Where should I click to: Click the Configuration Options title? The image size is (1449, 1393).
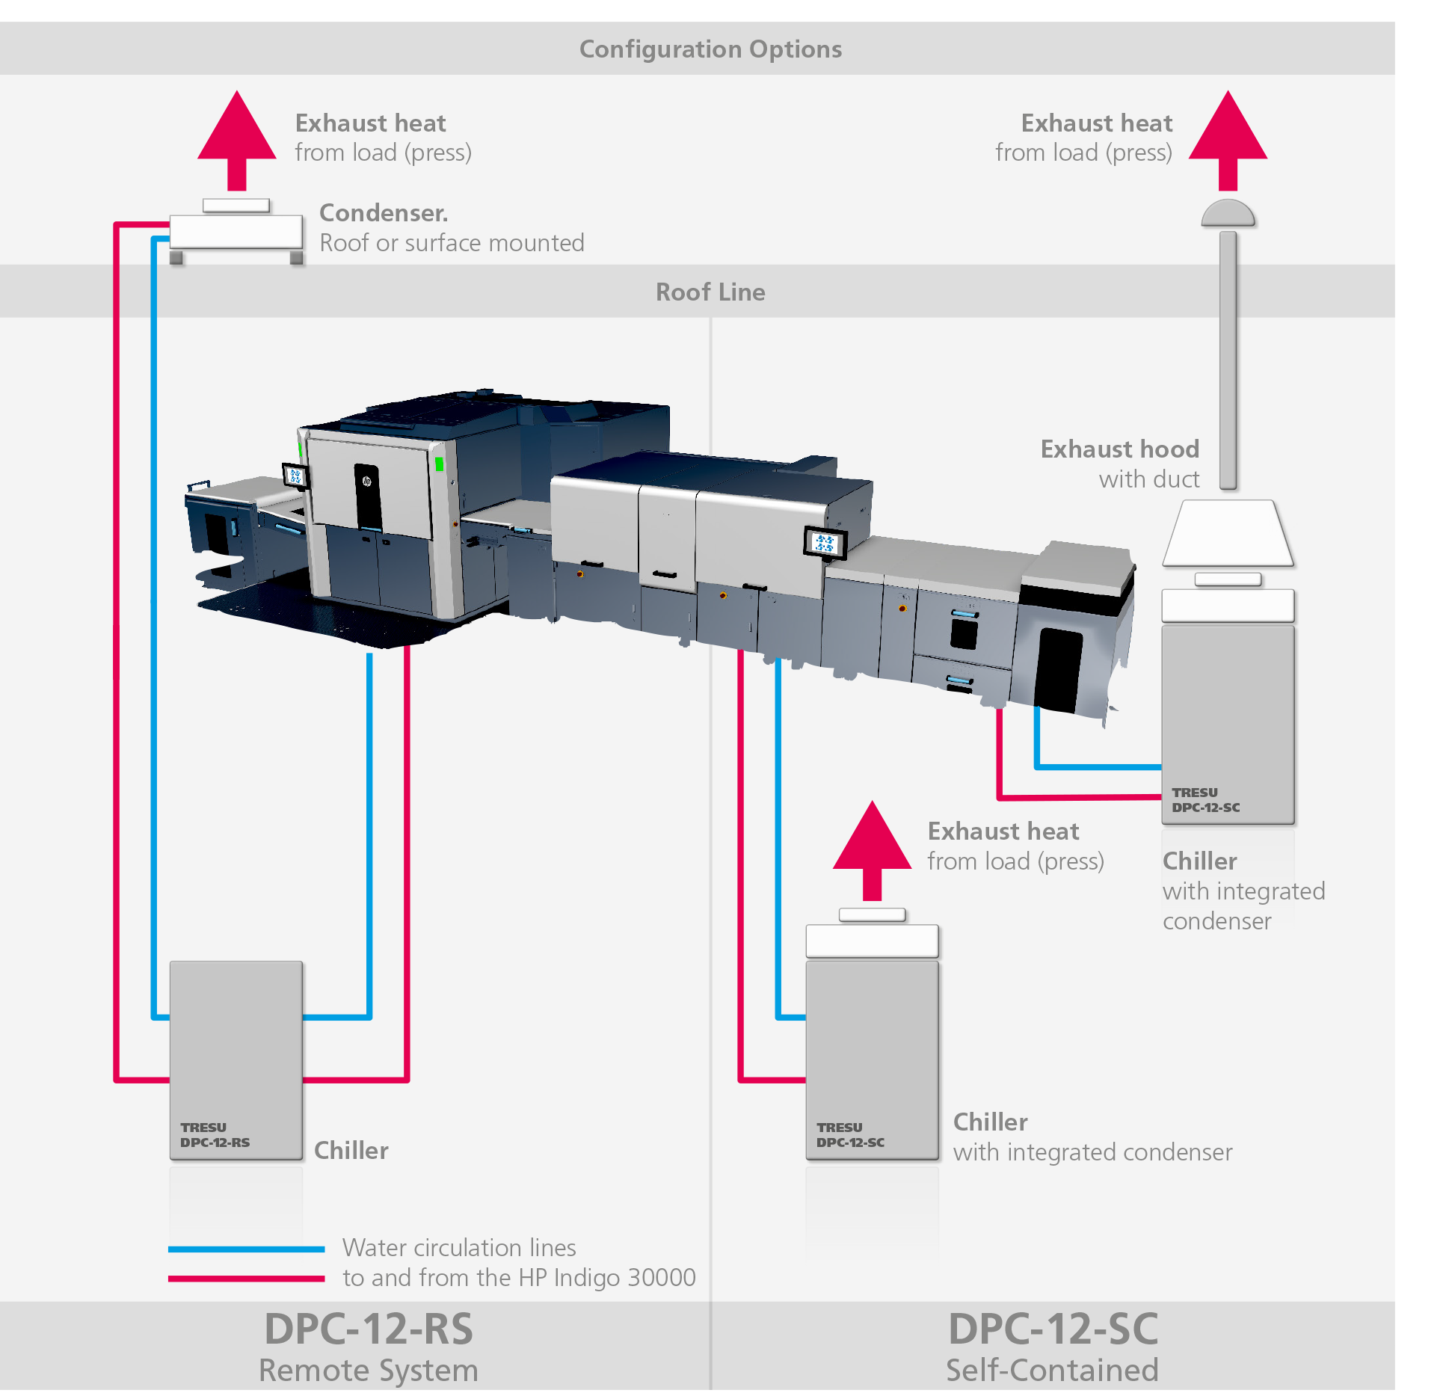(710, 49)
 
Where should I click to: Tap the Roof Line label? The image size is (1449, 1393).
(710, 292)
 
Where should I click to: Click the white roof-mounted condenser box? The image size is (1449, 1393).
(236, 231)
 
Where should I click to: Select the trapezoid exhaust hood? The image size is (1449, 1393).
(1228, 533)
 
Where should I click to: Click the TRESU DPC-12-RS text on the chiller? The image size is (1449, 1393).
(215, 1134)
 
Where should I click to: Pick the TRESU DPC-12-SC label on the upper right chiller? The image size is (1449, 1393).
(1205, 799)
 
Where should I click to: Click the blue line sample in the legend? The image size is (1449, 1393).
(246, 1248)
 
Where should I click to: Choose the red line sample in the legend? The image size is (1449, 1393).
(246, 1278)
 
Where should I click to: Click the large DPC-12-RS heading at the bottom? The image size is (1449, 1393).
(369, 1329)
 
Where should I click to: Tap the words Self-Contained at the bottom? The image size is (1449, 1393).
(1052, 1370)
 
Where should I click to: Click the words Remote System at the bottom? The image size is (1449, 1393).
(369, 1370)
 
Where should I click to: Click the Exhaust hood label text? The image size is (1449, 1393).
(1119, 449)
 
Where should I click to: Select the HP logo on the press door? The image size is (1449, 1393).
(367, 482)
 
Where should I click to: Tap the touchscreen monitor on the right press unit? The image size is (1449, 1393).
(825, 543)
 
